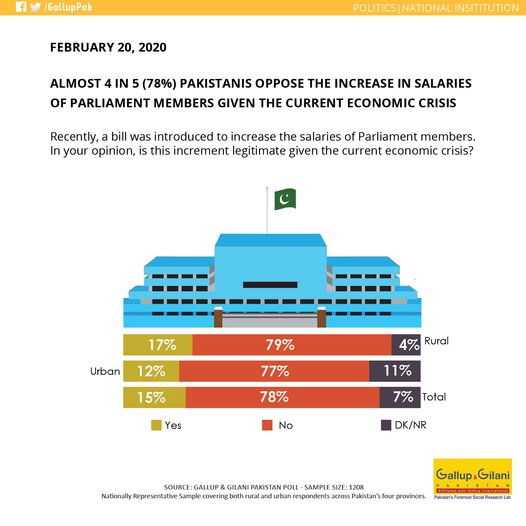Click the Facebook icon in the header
(21, 7)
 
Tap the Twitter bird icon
(35, 7)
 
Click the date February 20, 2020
(108, 47)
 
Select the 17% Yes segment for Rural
(158, 345)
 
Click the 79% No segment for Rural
(292, 345)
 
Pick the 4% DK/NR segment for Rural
(406, 345)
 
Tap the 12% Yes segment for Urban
(151, 371)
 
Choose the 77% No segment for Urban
(274, 371)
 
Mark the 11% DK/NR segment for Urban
(395, 371)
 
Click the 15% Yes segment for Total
(154, 397)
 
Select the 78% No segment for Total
(282, 397)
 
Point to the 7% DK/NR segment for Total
(400, 397)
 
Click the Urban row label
(105, 371)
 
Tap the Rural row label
(437, 341)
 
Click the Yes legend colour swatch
(156, 425)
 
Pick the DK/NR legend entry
(404, 425)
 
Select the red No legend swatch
(267, 425)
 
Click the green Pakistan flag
(285, 199)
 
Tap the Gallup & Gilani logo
(473, 479)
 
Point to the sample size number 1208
(356, 487)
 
